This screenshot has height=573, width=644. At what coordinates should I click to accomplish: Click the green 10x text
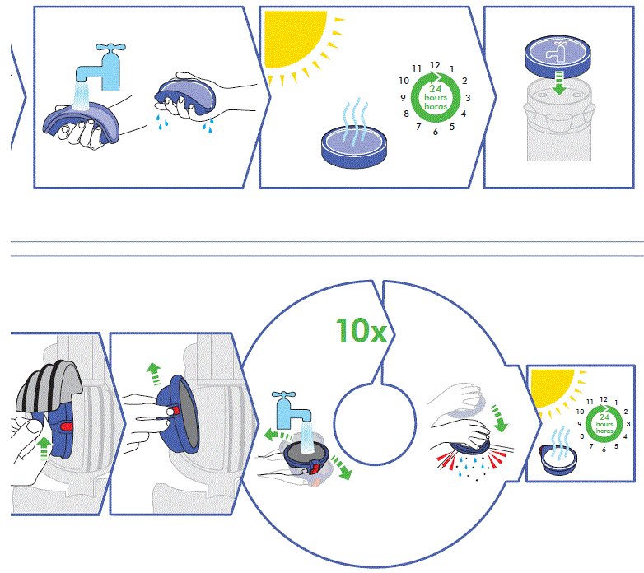coord(361,331)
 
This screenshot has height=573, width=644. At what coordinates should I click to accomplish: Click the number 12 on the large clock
coord(435,65)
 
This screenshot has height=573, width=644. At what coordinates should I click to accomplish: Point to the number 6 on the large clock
coord(434,133)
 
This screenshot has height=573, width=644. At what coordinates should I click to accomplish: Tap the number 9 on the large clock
coord(401,98)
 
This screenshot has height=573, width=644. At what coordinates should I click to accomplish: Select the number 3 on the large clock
coord(467,98)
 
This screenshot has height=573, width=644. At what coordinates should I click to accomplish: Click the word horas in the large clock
coord(434,107)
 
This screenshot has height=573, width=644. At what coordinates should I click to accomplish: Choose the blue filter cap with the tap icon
coord(558,54)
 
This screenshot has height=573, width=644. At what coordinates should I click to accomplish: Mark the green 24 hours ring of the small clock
coord(603,418)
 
